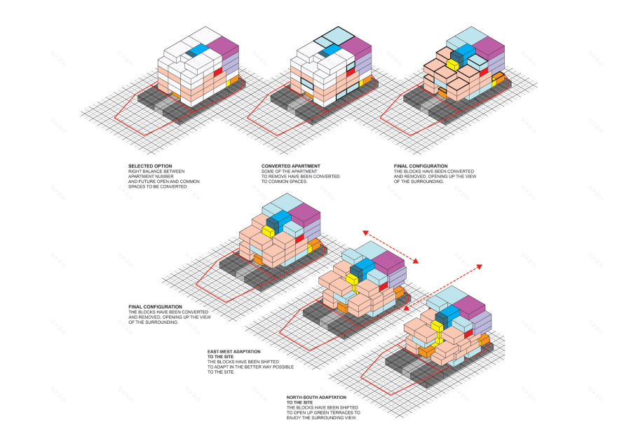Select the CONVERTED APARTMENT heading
[283, 166]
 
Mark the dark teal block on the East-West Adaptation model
[356, 272]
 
